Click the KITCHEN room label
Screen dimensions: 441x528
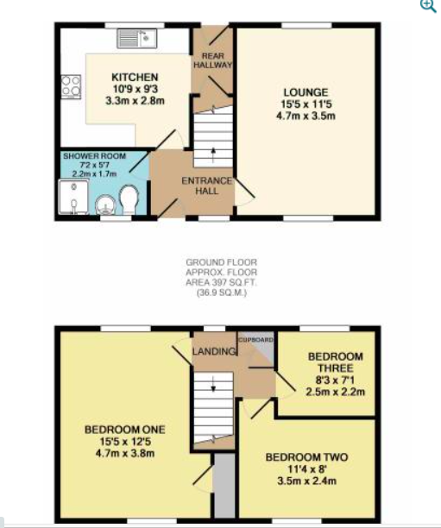click(x=135, y=78)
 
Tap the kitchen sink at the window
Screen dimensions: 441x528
click(x=137, y=38)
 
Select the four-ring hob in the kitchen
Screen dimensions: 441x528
click(x=71, y=87)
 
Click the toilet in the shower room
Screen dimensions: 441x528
click(x=129, y=200)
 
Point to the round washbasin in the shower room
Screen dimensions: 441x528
click(x=105, y=205)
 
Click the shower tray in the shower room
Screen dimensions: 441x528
click(x=73, y=198)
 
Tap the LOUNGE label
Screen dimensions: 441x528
click(x=306, y=92)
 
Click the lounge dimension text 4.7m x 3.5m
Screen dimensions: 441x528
click(x=306, y=116)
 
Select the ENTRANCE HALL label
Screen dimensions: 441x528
click(x=207, y=185)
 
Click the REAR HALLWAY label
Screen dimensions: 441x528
click(x=213, y=60)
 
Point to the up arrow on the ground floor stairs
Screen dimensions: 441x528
click(x=213, y=155)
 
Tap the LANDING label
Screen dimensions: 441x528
click(x=214, y=351)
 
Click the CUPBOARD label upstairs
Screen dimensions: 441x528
click(x=255, y=340)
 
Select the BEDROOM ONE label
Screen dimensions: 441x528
click(x=125, y=430)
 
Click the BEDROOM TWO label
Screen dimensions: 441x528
click(x=306, y=457)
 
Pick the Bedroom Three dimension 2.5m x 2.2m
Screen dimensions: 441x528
click(x=335, y=392)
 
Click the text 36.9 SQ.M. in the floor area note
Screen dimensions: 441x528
click(x=222, y=293)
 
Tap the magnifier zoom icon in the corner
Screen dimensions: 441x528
click(x=428, y=6)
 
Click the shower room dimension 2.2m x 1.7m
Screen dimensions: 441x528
click(x=94, y=173)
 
